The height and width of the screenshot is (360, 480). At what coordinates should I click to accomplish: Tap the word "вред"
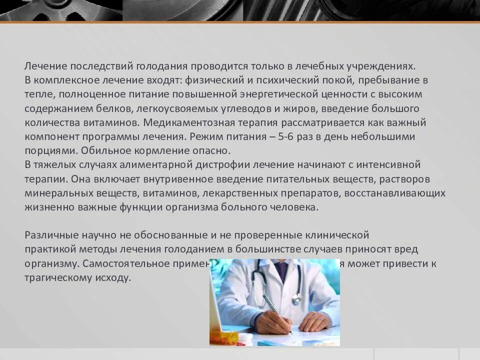point(406,249)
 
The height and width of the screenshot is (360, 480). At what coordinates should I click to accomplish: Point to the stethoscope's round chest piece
point(297,298)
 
